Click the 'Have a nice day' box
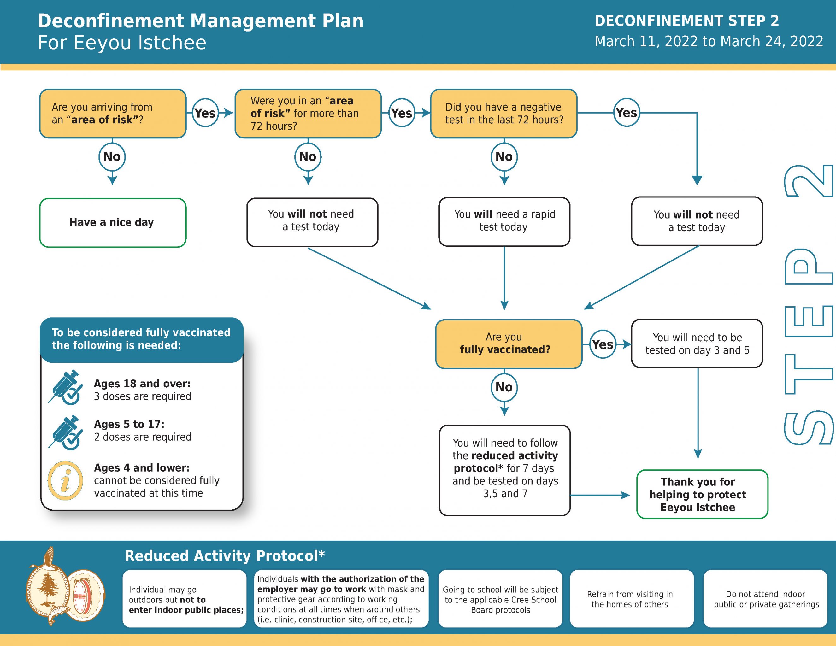(x=113, y=223)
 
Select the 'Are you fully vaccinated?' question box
(x=509, y=344)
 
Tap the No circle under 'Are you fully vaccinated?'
(x=504, y=387)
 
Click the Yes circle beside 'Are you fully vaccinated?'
(x=603, y=344)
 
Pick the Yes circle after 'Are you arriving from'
(x=205, y=113)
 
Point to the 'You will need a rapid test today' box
(x=504, y=221)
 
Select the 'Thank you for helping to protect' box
(x=702, y=494)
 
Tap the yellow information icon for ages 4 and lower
(x=65, y=480)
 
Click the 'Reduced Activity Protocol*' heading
(x=225, y=556)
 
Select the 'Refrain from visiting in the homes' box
(x=632, y=599)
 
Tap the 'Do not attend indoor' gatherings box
(x=765, y=599)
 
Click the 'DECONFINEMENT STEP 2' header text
(x=687, y=21)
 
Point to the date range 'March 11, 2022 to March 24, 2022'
(x=709, y=41)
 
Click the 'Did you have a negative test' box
(x=504, y=113)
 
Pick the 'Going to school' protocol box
(x=500, y=599)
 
